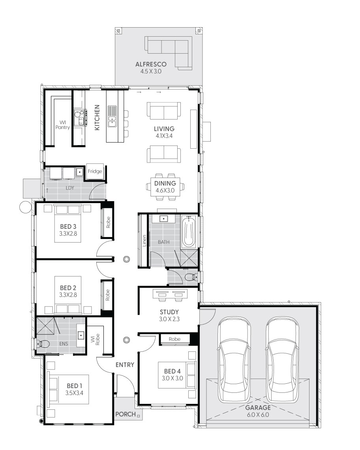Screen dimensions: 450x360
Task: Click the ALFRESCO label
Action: [x=151, y=64]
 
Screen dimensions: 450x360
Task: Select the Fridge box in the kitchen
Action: [x=95, y=172]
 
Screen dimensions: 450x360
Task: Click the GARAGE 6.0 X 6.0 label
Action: [x=259, y=411]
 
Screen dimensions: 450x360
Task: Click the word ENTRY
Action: [x=125, y=365]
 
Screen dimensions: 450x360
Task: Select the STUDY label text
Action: [x=169, y=312]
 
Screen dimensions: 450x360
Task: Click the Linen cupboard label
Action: [x=145, y=241]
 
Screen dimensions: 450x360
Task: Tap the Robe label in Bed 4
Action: [x=174, y=339]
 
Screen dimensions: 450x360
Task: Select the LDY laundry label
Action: [x=69, y=188]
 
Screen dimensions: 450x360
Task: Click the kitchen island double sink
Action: [x=112, y=117]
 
